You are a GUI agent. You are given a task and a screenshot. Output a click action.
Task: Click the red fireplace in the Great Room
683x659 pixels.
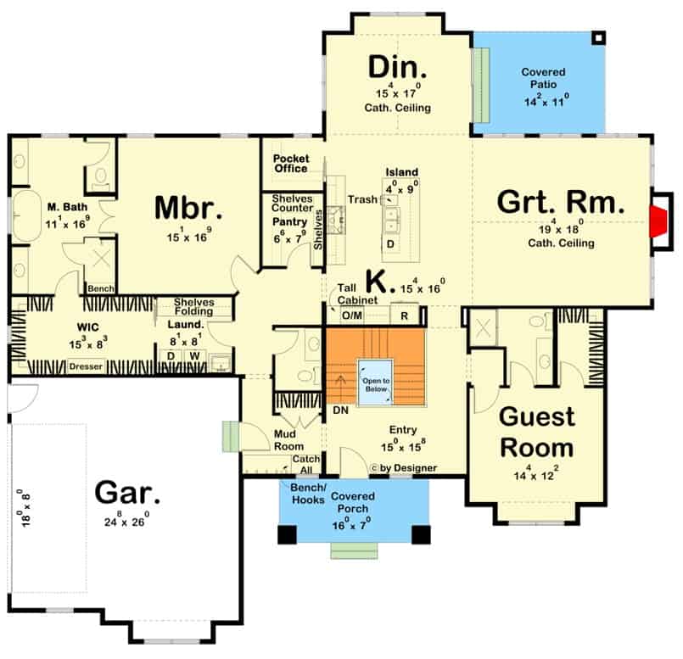pos(658,221)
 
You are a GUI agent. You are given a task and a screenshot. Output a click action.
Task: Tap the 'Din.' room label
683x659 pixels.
pos(397,67)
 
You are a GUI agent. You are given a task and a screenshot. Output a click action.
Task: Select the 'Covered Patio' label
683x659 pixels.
pos(543,78)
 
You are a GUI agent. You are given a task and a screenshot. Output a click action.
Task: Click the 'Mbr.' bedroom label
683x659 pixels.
pos(188,208)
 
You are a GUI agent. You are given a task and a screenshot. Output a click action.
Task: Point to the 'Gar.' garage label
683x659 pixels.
pos(127,492)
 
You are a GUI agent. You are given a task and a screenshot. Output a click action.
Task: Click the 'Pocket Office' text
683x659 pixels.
pos(291,164)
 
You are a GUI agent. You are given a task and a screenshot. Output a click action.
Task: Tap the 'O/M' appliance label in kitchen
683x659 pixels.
pos(351,315)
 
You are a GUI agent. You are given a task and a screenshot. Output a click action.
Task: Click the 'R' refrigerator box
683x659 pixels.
pos(404,315)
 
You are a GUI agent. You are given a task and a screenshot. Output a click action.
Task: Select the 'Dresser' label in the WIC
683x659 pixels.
pos(86,366)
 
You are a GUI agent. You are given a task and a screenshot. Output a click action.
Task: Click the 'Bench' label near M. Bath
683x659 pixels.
pos(101,288)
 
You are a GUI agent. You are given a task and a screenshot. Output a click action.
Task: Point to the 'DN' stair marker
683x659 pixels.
pos(340,410)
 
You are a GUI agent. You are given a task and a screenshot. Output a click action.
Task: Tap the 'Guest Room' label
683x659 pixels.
pos(537,432)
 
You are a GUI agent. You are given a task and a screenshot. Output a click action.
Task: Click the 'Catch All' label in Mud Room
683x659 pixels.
pos(305,465)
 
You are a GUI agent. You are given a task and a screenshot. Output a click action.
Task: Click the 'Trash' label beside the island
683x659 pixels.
pos(362,199)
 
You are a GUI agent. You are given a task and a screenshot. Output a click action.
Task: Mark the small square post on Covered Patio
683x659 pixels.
pos(598,38)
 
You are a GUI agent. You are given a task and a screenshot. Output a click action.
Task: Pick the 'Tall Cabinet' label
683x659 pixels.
pos(357,294)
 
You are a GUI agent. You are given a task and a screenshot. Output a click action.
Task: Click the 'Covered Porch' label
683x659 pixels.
pos(352,502)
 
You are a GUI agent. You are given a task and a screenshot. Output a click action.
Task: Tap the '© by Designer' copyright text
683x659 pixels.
pos(403,468)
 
